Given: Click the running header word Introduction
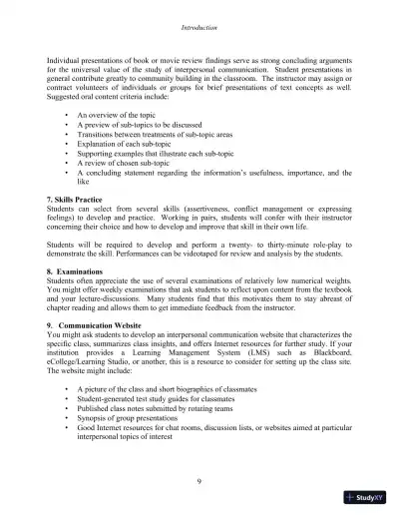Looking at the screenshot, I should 199,15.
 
